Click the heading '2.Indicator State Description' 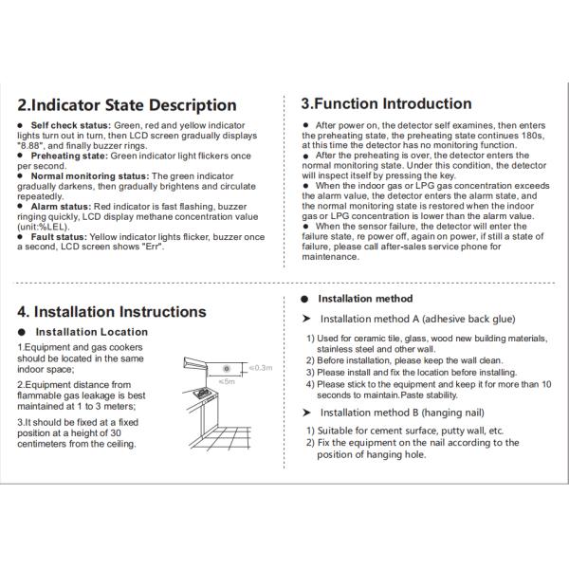tap(126, 105)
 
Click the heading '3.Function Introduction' tap(385, 103)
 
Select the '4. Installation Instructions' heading tap(112, 311)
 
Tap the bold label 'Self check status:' tap(71, 125)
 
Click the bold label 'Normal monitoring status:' tap(90, 176)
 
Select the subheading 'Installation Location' tap(91, 332)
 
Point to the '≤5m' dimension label tap(226, 381)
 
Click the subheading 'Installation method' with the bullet tap(365, 299)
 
